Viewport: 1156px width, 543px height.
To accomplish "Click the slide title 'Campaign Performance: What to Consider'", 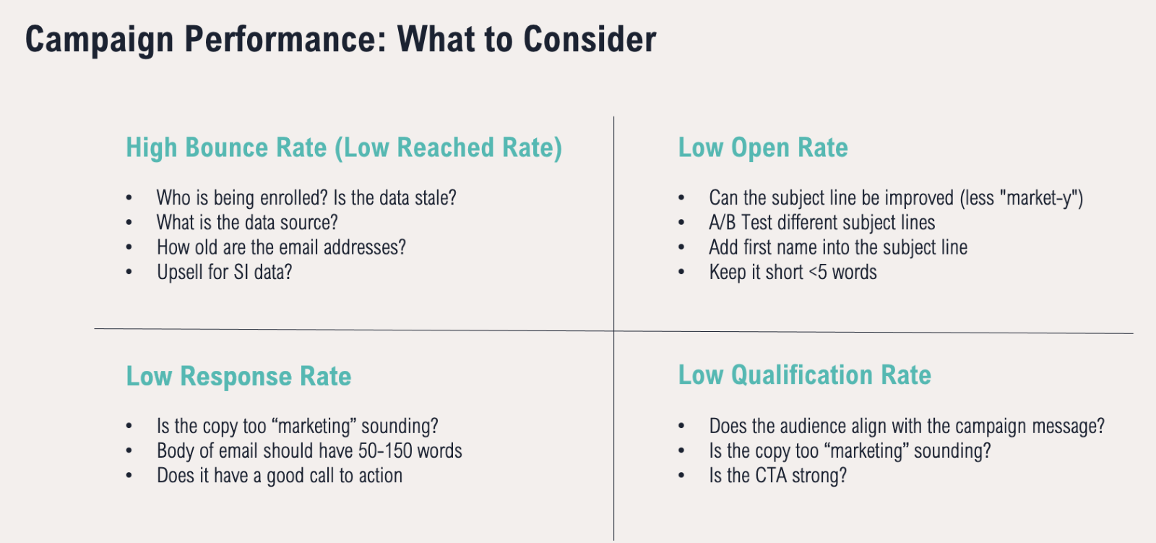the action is pos(340,40).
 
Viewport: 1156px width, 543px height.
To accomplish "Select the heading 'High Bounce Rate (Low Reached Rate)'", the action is pos(344,148).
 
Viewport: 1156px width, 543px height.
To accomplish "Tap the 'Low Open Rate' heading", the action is pos(763,148).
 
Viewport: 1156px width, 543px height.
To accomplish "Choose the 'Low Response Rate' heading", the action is pos(238,376).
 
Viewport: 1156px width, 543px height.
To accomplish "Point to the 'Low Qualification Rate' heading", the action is pos(805,375).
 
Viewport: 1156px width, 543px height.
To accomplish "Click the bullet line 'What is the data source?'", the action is pos(247,223).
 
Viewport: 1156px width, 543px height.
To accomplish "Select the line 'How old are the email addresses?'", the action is pos(281,247).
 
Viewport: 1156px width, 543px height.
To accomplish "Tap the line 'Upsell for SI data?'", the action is pos(225,273).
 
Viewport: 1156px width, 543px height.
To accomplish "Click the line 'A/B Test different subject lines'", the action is pos(821,223).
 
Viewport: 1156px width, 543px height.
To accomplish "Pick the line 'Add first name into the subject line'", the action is pos(838,247).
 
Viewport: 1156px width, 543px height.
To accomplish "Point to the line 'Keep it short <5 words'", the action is pos(793,273).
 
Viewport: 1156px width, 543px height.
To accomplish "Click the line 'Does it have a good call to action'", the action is pos(279,476).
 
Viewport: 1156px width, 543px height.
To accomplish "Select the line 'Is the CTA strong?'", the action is pos(777,475).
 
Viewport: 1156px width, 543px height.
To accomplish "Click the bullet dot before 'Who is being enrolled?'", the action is pos(129,198).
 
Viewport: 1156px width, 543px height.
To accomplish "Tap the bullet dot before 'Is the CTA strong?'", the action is pos(681,476).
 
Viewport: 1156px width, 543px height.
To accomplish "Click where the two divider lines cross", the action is pos(613,330).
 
